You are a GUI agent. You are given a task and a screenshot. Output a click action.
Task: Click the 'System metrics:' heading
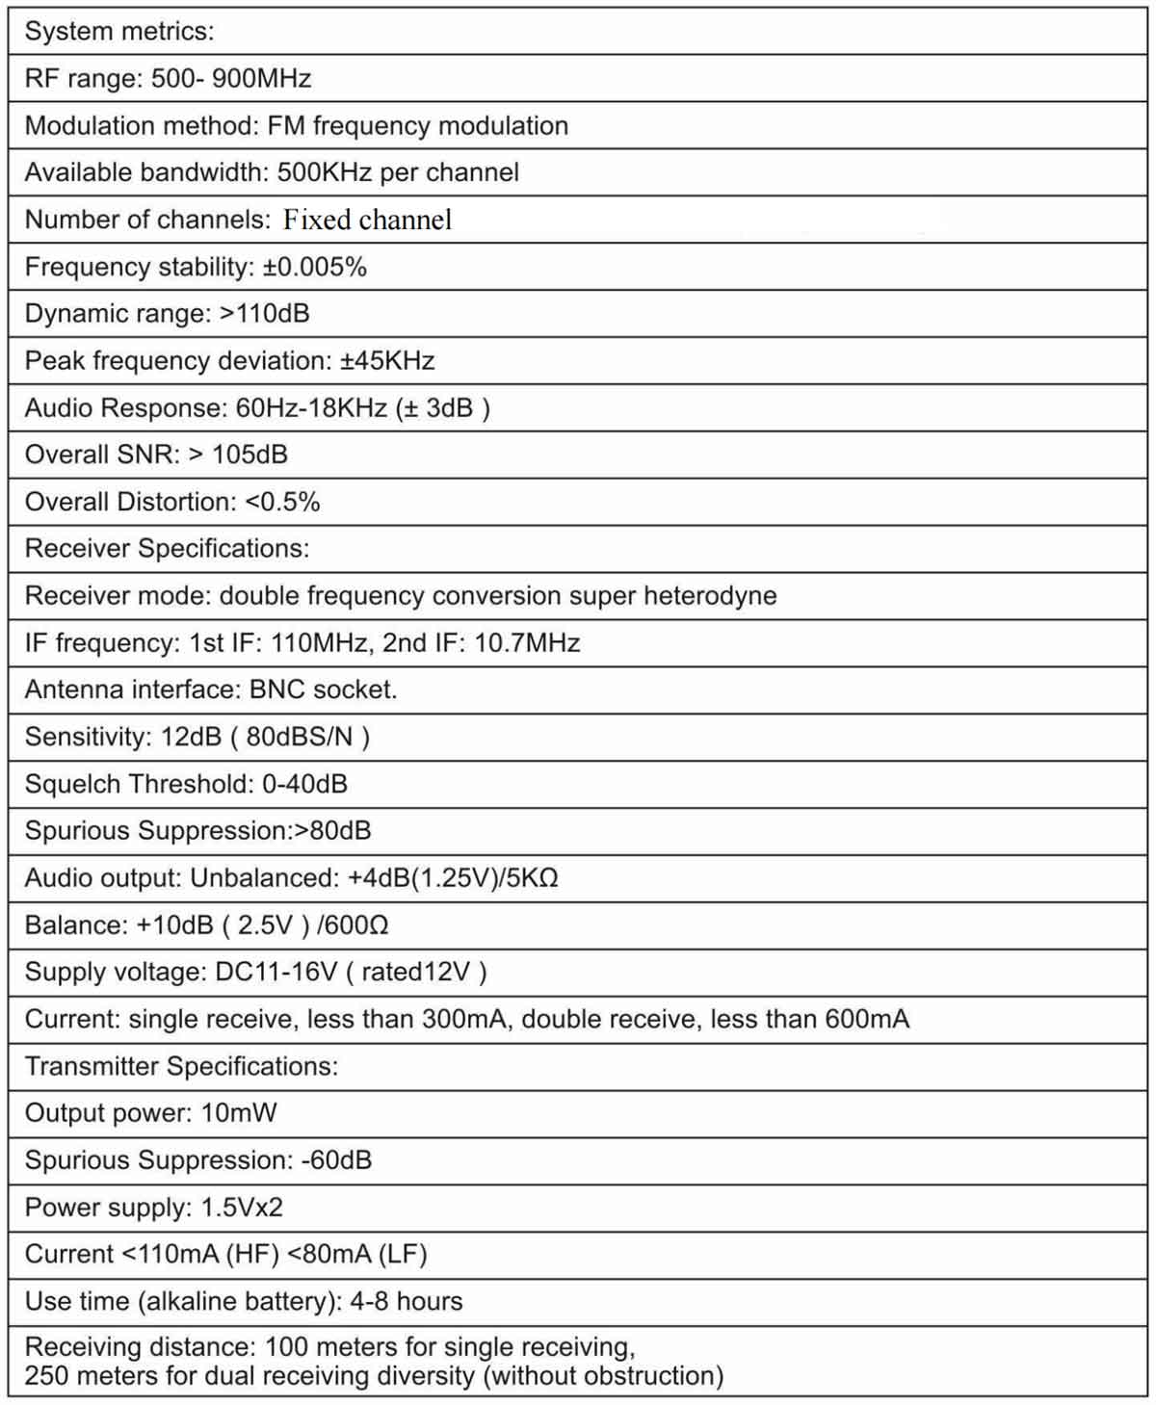click(119, 31)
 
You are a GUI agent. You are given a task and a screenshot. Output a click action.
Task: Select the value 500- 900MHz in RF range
click(231, 78)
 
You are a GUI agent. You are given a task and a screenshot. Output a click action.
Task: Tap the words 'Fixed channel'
click(367, 220)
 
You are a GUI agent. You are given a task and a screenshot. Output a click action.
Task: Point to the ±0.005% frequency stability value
click(315, 267)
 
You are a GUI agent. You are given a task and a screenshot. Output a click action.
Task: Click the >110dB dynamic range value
click(265, 314)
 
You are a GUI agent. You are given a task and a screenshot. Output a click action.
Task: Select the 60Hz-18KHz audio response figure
click(311, 408)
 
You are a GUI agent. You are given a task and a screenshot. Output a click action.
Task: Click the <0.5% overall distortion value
click(282, 502)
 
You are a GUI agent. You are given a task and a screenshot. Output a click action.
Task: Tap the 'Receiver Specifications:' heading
click(167, 549)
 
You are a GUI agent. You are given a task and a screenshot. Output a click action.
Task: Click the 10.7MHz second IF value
click(527, 643)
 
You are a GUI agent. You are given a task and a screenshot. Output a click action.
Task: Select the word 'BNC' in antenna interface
click(277, 689)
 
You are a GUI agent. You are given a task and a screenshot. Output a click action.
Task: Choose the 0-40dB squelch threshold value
click(304, 784)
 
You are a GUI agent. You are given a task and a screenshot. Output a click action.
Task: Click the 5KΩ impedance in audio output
click(535, 878)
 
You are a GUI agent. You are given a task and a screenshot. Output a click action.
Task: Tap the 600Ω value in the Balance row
click(356, 925)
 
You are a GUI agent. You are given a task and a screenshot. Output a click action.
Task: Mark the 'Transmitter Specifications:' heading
click(181, 1067)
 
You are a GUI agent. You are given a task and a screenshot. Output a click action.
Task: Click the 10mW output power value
click(239, 1113)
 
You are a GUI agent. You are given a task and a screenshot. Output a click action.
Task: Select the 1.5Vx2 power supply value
click(242, 1208)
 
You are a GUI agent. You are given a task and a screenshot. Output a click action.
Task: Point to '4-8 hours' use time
click(406, 1302)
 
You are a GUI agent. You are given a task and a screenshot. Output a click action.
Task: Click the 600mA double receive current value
click(867, 1020)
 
